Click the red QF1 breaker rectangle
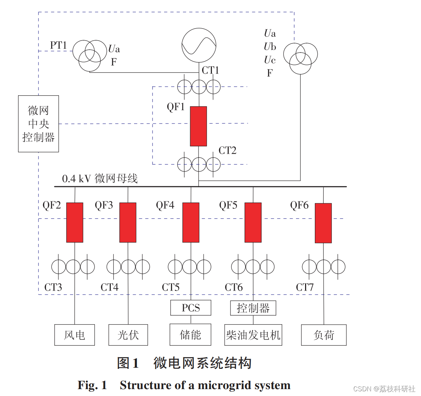(x=199, y=126)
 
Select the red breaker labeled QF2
(x=75, y=222)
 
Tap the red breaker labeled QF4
(x=191, y=222)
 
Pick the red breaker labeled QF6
(x=323, y=223)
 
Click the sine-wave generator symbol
(x=199, y=45)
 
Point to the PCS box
(x=191, y=308)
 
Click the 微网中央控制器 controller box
(x=38, y=124)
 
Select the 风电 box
(x=75, y=335)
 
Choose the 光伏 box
(x=128, y=335)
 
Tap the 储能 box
(x=191, y=335)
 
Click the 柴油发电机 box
(x=253, y=335)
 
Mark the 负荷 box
(x=324, y=335)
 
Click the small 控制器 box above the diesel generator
(x=253, y=308)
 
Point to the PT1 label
(x=59, y=45)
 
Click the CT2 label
(x=228, y=150)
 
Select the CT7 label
(x=305, y=287)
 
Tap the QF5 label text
(x=228, y=205)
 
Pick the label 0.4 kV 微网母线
(x=100, y=178)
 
